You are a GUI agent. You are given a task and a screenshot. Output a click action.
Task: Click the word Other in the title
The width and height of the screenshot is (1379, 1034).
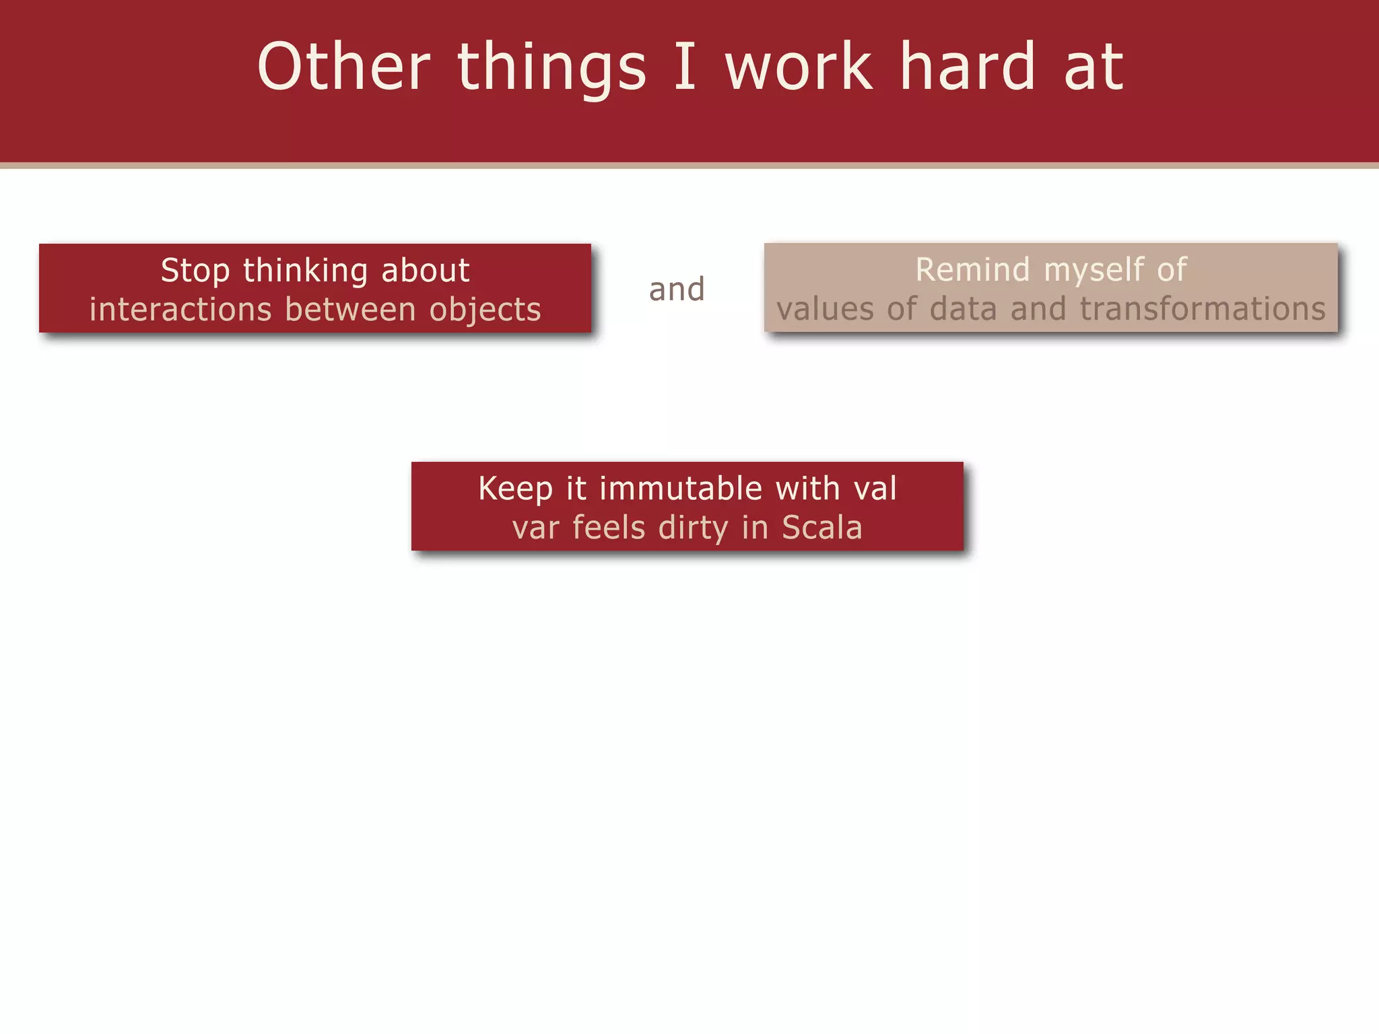pyautogui.click(x=343, y=67)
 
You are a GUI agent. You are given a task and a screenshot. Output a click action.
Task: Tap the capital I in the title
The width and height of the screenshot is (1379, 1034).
pyautogui.click(x=685, y=67)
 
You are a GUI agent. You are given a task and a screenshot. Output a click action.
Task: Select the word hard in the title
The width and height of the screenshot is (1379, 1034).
pyautogui.click(x=968, y=67)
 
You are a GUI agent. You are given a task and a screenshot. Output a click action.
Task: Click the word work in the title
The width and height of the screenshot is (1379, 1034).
pyautogui.click(x=799, y=67)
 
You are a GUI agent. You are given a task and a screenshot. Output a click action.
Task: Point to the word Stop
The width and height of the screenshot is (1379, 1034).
pyautogui.click(x=195, y=271)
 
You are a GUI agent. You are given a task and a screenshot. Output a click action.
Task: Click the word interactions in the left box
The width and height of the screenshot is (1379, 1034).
pyautogui.click(x=180, y=310)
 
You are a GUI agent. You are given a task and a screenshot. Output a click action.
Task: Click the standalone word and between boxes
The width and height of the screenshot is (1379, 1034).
pyautogui.click(x=677, y=289)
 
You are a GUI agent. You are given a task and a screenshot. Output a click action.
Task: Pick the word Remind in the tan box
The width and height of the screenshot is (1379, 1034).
pyautogui.click(x=973, y=270)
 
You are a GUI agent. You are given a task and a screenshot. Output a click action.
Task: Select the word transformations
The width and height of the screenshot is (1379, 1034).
pyautogui.click(x=1203, y=309)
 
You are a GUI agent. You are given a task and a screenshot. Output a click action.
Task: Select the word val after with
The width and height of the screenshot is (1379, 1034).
pyautogui.click(x=875, y=489)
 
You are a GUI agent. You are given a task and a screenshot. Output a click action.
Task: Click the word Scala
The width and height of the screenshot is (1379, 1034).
pyautogui.click(x=822, y=528)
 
